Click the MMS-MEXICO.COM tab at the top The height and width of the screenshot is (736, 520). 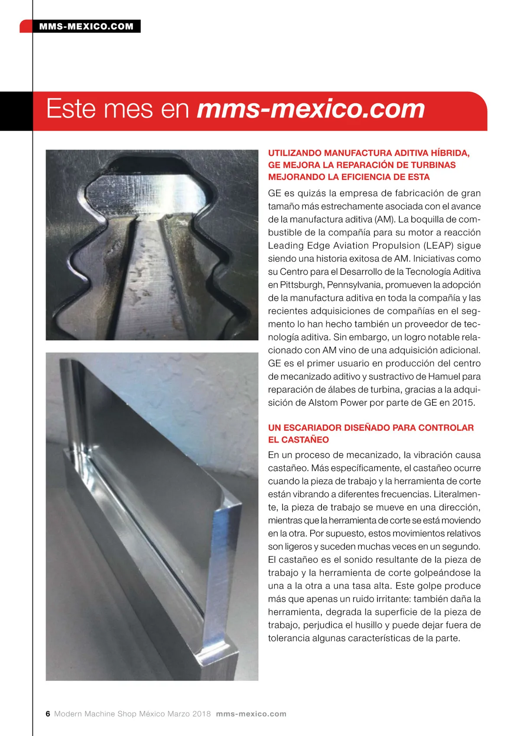(x=86, y=26)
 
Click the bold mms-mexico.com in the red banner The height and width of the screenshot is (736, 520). (x=311, y=109)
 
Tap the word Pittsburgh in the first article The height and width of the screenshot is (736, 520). (x=302, y=285)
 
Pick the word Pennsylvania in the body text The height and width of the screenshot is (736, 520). (x=354, y=285)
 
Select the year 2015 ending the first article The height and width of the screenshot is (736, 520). (x=463, y=403)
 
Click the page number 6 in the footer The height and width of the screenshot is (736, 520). (x=48, y=714)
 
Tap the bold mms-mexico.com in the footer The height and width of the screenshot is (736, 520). (x=251, y=714)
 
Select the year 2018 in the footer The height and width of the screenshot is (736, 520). (x=201, y=714)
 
